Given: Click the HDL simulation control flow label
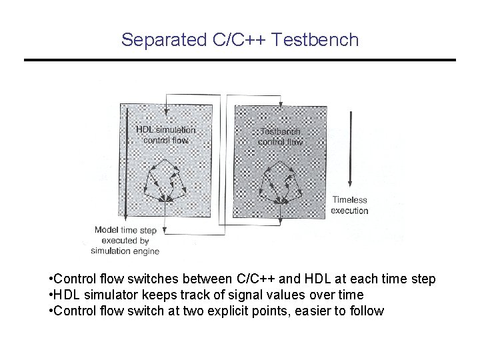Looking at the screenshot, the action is [x=165, y=135].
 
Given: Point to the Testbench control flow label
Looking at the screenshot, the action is [x=280, y=137].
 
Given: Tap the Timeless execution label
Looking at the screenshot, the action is [x=350, y=205].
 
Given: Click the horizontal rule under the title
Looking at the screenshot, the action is [x=240, y=61].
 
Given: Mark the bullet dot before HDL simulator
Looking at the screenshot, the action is [x=51, y=295].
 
